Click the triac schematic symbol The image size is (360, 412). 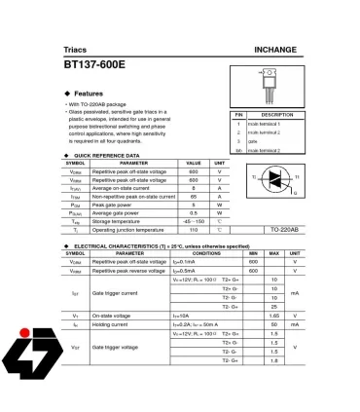coord(276,178)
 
